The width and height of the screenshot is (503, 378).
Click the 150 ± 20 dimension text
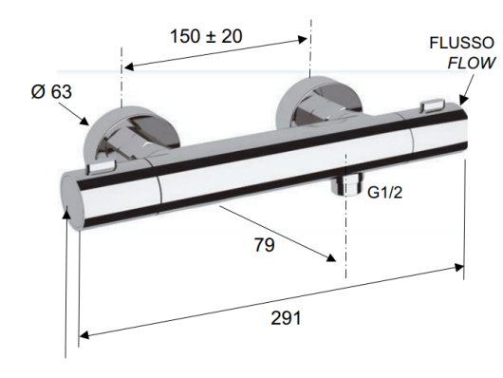click(206, 36)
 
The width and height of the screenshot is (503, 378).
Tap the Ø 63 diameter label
click(51, 91)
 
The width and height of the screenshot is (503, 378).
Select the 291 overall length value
click(287, 318)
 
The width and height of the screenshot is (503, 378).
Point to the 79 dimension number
click(265, 245)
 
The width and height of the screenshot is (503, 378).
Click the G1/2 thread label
click(384, 193)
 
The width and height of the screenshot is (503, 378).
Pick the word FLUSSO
click(462, 43)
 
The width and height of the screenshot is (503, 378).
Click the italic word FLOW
click(472, 63)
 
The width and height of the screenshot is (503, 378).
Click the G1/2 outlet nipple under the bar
click(347, 184)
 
